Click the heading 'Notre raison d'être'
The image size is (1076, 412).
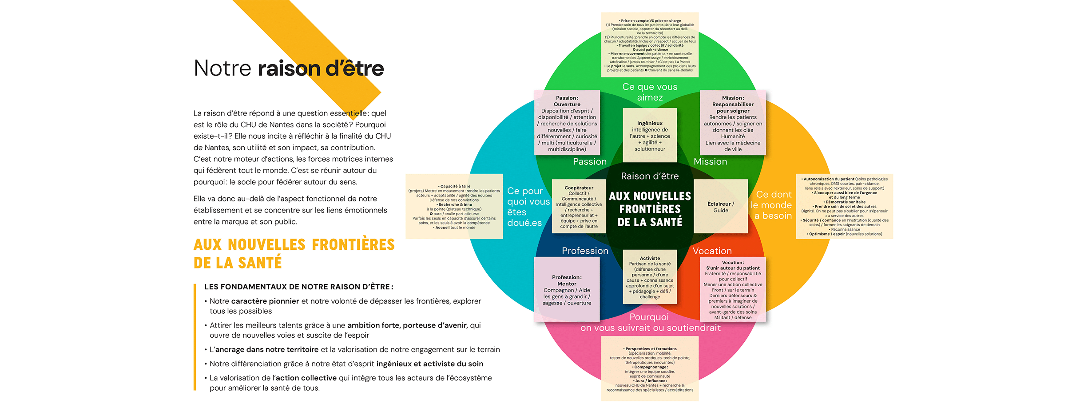[289, 68]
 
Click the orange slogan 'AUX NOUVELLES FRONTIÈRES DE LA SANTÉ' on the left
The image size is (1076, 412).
[294, 253]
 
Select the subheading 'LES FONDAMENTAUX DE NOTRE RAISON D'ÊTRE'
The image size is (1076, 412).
[298, 287]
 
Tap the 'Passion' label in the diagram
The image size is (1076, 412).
[589, 162]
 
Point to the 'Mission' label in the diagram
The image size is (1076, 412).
[710, 162]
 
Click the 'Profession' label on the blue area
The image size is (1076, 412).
[585, 251]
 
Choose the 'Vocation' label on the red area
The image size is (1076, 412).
[712, 251]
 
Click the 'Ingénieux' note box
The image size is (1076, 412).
[650, 136]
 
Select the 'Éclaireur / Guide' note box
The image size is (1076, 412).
[720, 207]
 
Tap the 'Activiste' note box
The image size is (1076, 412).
[650, 277]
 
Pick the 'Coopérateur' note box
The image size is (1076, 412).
[579, 207]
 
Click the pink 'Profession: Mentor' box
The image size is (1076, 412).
[567, 290]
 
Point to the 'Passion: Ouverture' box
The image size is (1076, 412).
[567, 123]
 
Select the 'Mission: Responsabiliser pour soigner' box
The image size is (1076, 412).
[733, 123]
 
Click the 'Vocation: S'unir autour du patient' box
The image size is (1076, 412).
[733, 290]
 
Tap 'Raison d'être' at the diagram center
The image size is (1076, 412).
[650, 176]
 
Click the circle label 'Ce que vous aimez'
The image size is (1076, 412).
[650, 92]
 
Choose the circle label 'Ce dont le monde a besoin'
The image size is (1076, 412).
[773, 205]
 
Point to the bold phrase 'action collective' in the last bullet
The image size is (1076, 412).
[306, 378]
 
